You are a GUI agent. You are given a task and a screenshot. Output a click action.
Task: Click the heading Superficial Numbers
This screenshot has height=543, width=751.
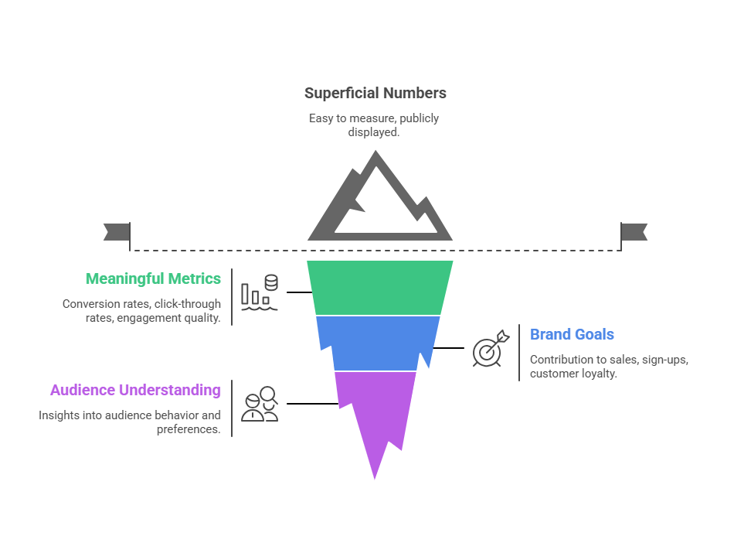[375, 94]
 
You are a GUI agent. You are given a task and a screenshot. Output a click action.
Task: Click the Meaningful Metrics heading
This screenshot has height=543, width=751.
[153, 278]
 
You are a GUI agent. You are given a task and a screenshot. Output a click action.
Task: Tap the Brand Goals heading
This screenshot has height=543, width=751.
[572, 335]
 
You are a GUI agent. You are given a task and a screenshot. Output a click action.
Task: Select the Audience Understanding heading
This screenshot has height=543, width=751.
[135, 390]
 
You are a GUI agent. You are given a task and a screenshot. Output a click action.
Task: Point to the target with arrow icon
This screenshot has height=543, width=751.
[491, 349]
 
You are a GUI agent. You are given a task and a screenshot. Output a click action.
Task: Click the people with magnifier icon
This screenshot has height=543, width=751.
[260, 404]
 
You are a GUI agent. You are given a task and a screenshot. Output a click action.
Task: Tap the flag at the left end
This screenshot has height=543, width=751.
[117, 231]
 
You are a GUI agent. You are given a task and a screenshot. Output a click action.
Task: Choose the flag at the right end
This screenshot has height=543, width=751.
[634, 231]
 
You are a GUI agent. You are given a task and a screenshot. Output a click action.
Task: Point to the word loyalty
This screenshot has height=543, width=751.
[599, 374]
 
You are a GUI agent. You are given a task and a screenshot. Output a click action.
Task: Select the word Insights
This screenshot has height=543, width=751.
[59, 415]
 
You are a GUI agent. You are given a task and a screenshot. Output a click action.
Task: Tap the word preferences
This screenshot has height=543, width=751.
[189, 429]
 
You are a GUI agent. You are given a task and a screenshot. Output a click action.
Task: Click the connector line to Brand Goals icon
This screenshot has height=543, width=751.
[448, 348]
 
